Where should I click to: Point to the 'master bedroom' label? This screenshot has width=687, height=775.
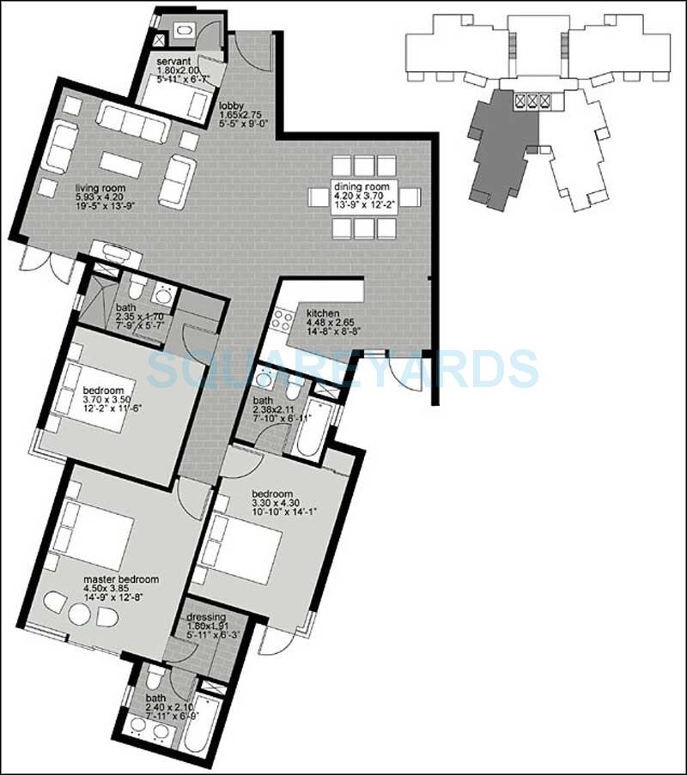(x=121, y=579)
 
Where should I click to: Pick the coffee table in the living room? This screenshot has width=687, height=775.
(x=125, y=164)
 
